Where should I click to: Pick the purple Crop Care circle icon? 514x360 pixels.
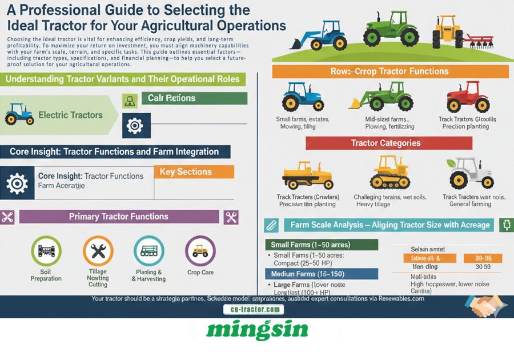pos(200,250)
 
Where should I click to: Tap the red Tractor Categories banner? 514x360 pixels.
pos(385,143)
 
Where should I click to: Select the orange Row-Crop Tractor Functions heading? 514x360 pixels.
pos(389,71)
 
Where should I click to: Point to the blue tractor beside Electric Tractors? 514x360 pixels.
pos(19,114)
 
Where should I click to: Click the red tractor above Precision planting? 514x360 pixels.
pos(468,97)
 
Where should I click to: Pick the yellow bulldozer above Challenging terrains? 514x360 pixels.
pos(390,174)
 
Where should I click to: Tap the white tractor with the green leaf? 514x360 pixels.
pos(470,173)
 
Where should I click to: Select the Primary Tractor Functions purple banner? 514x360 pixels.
pos(119,217)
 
